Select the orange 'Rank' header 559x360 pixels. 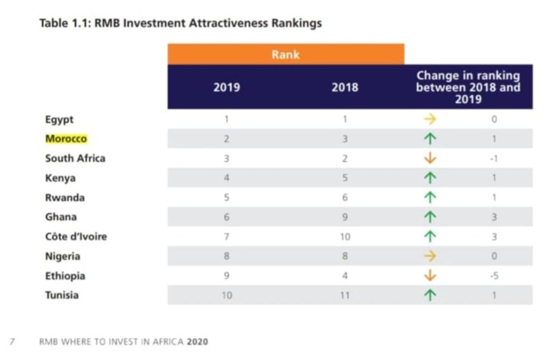(285, 54)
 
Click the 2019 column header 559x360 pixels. (226, 87)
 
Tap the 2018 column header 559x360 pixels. (345, 87)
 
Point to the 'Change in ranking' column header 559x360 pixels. (468, 87)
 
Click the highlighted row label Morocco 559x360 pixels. (66, 139)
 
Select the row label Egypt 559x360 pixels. (59, 120)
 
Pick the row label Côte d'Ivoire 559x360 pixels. (76, 237)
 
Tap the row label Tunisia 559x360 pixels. (62, 295)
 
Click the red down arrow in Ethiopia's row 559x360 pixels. (431, 276)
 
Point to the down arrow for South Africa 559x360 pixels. (431, 159)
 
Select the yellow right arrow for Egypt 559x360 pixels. (431, 119)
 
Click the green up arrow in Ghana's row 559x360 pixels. (431, 218)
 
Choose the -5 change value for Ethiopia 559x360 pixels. (492, 276)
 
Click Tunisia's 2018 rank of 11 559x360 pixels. (345, 295)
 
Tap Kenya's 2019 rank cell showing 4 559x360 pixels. (227, 178)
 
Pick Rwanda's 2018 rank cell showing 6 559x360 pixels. (345, 197)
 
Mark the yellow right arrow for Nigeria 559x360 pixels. (431, 256)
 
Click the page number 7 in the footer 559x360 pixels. (12, 341)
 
